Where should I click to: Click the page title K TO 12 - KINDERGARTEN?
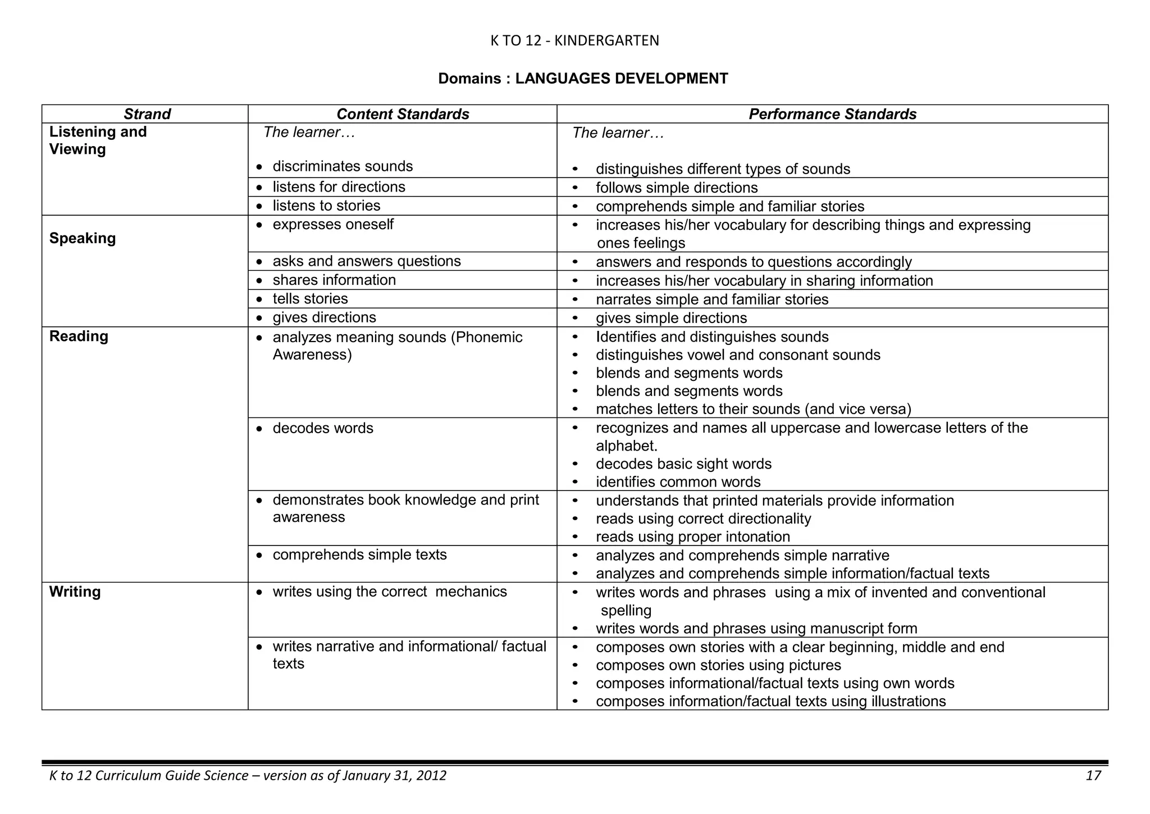click(574, 40)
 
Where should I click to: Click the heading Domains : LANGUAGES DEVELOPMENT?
click(583, 79)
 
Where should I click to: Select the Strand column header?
click(147, 114)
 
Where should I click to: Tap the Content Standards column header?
click(403, 114)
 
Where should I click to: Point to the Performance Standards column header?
click(832, 114)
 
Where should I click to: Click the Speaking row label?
click(83, 238)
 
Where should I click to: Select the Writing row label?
click(75, 592)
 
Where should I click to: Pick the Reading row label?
click(79, 336)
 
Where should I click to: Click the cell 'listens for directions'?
click(339, 187)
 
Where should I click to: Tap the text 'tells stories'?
click(310, 299)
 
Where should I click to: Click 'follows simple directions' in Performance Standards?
click(677, 188)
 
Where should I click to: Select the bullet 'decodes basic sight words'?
click(683, 464)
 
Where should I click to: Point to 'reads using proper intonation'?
click(692, 536)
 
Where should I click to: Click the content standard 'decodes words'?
click(323, 428)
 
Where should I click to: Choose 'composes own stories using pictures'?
click(718, 665)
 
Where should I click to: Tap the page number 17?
click(1093, 776)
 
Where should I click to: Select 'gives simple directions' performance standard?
click(671, 318)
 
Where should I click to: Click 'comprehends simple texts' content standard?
click(359, 555)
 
